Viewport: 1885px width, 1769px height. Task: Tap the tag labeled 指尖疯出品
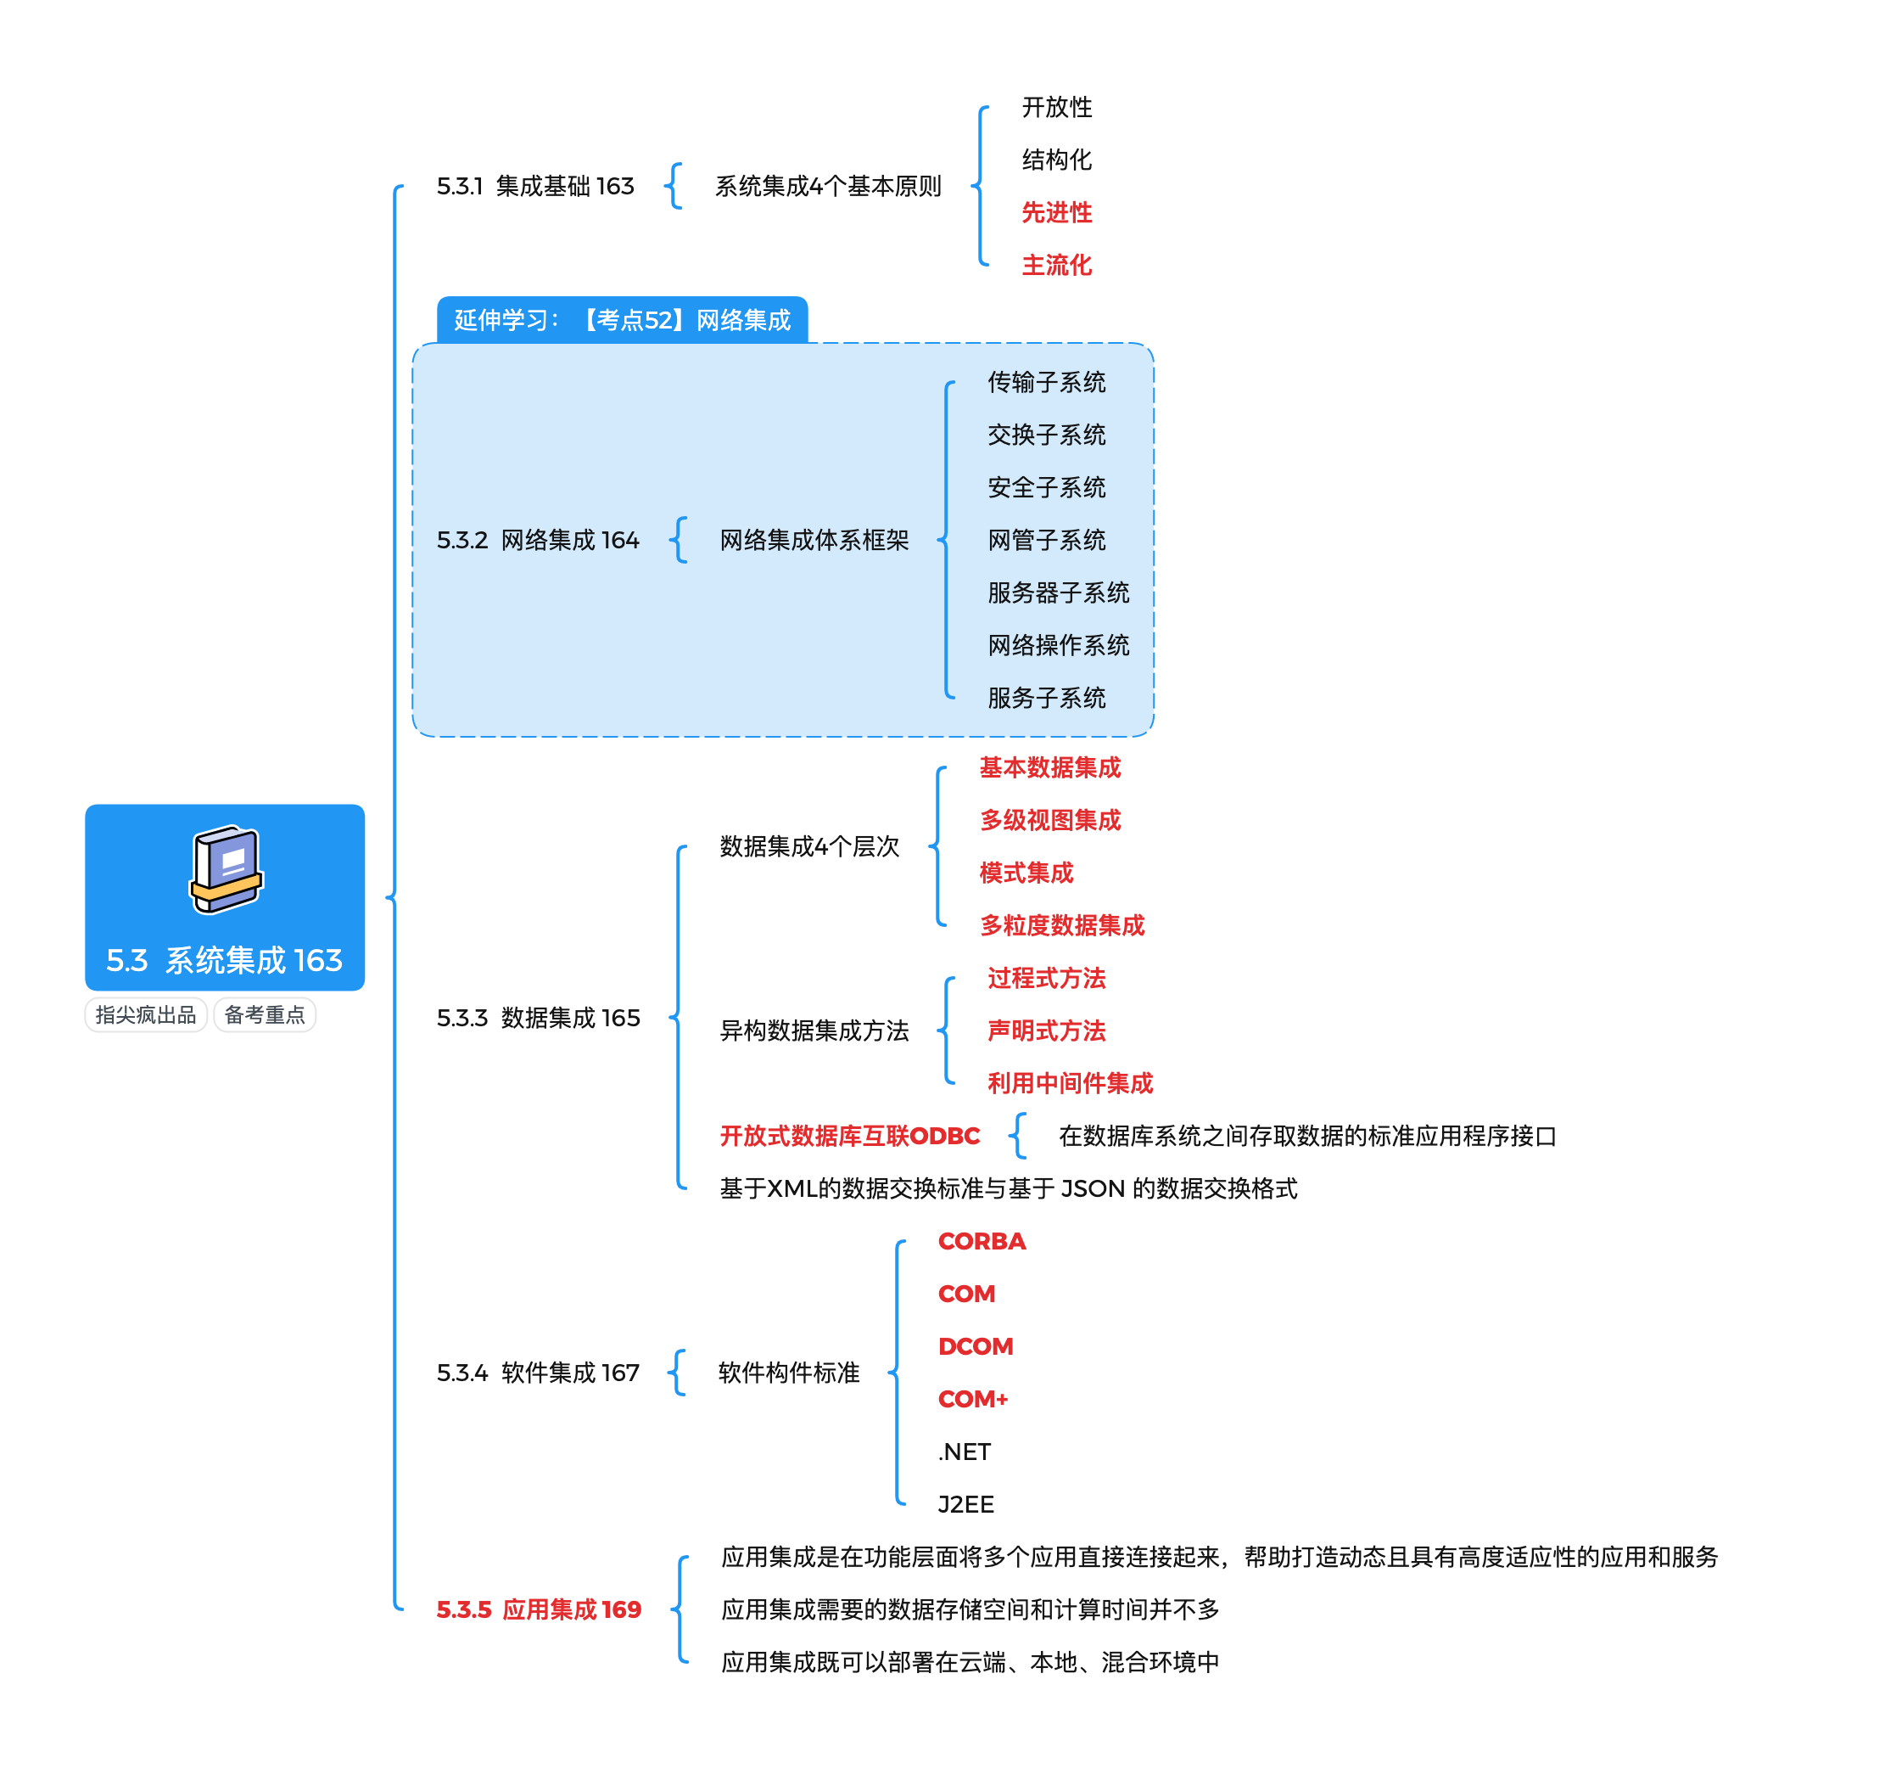pos(145,1015)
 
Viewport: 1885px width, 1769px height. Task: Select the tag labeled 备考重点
pos(265,1015)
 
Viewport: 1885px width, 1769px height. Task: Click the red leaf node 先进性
pos(1056,212)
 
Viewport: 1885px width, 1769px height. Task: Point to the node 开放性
pos(1056,107)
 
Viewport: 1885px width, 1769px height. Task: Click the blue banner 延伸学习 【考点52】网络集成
pos(622,321)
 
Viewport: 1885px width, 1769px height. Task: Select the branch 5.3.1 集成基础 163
pos(534,186)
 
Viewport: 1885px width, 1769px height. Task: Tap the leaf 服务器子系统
pos(1058,592)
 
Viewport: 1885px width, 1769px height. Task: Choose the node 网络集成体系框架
pos(814,541)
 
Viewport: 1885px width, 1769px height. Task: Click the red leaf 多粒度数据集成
pos(1062,926)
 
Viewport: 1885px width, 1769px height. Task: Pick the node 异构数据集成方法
pos(814,1031)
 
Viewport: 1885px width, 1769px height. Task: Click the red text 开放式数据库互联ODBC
pos(849,1137)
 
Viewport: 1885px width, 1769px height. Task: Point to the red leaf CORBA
pos(982,1242)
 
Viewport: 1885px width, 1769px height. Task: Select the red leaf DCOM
pos(976,1347)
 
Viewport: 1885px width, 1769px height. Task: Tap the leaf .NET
pos(965,1452)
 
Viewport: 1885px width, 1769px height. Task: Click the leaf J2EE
pos(966,1504)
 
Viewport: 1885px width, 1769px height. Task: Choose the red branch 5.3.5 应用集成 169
pos(539,1609)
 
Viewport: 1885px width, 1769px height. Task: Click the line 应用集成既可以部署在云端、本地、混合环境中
pos(970,1663)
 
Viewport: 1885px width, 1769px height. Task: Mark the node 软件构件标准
pos(789,1373)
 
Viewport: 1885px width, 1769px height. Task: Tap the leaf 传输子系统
pos(1047,382)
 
